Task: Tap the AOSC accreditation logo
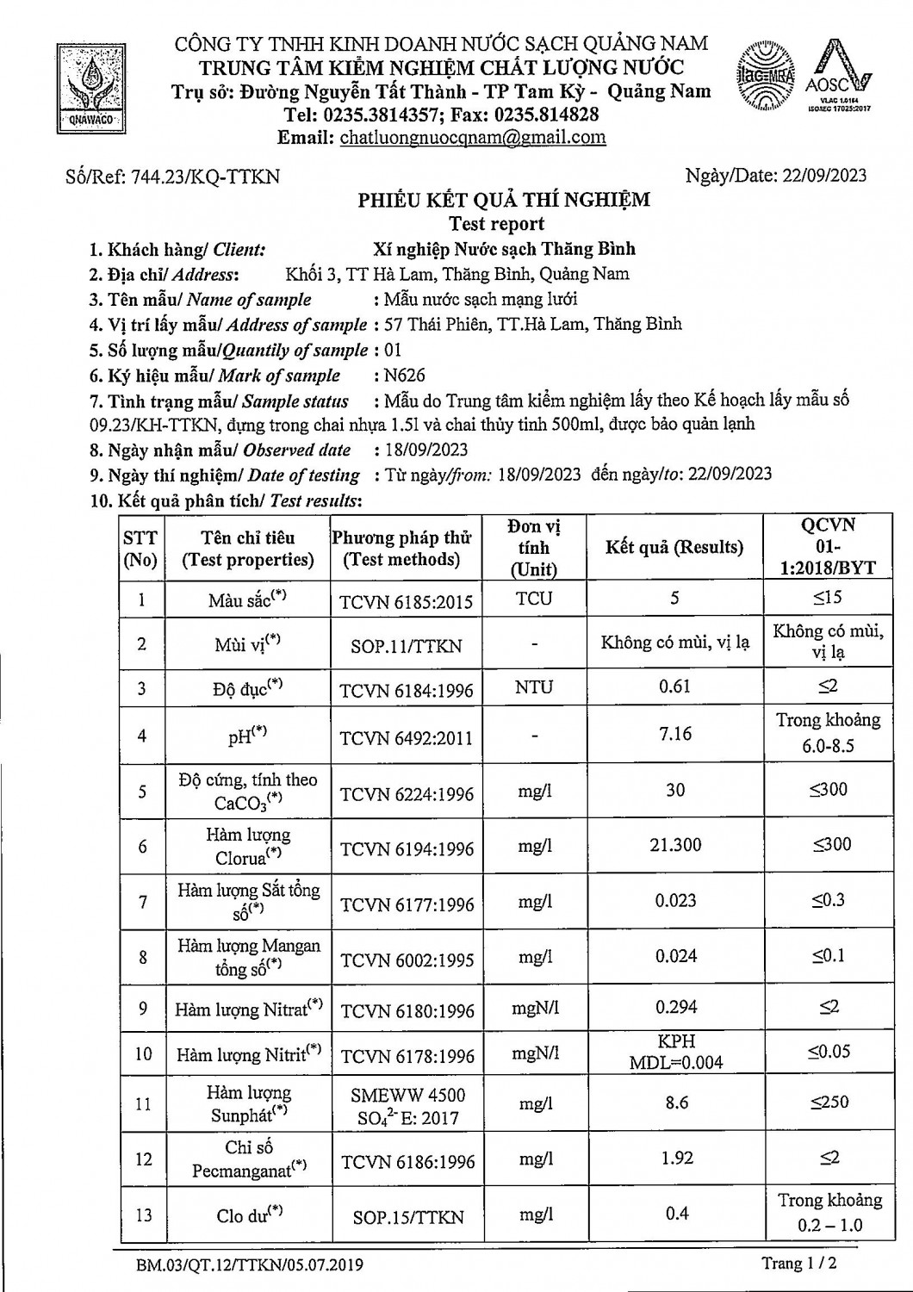point(838,78)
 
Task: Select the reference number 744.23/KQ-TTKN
point(172,177)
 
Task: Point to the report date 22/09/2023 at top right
point(824,176)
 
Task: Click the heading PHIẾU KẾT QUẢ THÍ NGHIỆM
point(504,201)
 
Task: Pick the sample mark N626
point(406,376)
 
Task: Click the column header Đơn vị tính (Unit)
point(534,548)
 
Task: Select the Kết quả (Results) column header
point(674,548)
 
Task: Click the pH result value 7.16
point(675,734)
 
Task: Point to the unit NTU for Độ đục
point(534,687)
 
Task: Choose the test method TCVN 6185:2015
point(407,601)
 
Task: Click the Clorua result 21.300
point(675,845)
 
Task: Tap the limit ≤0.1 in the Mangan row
point(828,956)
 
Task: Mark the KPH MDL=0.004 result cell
point(675,1052)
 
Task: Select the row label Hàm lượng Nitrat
point(248,1009)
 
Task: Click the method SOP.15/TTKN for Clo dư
point(407,1217)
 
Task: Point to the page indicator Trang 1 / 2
point(798,1264)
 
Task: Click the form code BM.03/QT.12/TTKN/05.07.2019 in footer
point(249,1265)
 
